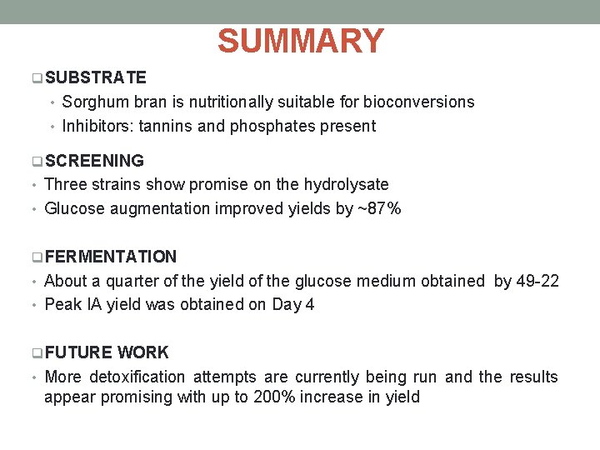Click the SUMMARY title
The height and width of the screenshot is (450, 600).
(x=300, y=41)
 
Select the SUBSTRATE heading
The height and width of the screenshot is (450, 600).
(x=96, y=77)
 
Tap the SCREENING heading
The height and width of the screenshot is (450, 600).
(x=94, y=161)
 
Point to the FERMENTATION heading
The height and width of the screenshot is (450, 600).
(x=111, y=257)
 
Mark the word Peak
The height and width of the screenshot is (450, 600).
(x=62, y=305)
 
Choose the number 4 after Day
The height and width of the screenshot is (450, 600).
(x=310, y=305)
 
